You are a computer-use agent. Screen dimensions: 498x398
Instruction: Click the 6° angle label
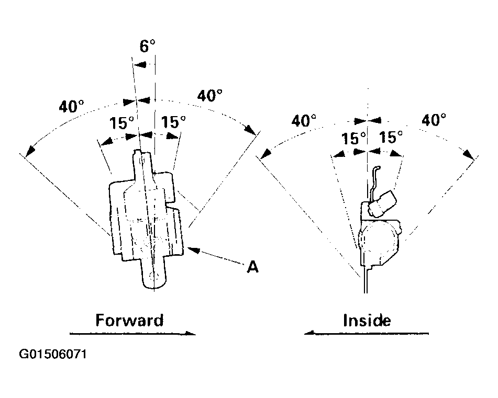point(147,46)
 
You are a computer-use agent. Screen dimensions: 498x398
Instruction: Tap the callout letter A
point(253,267)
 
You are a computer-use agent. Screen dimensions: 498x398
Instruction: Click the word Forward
point(129,320)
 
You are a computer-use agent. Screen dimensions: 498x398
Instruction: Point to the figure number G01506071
point(53,354)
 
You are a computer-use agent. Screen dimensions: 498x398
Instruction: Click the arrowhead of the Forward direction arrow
point(191,333)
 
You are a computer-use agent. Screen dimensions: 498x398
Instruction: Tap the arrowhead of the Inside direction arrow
point(309,333)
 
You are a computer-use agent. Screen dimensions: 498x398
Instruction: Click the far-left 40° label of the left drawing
point(71,106)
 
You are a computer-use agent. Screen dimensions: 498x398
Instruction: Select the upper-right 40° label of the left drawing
point(209,95)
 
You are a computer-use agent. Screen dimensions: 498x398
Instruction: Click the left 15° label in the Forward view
point(121,123)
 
